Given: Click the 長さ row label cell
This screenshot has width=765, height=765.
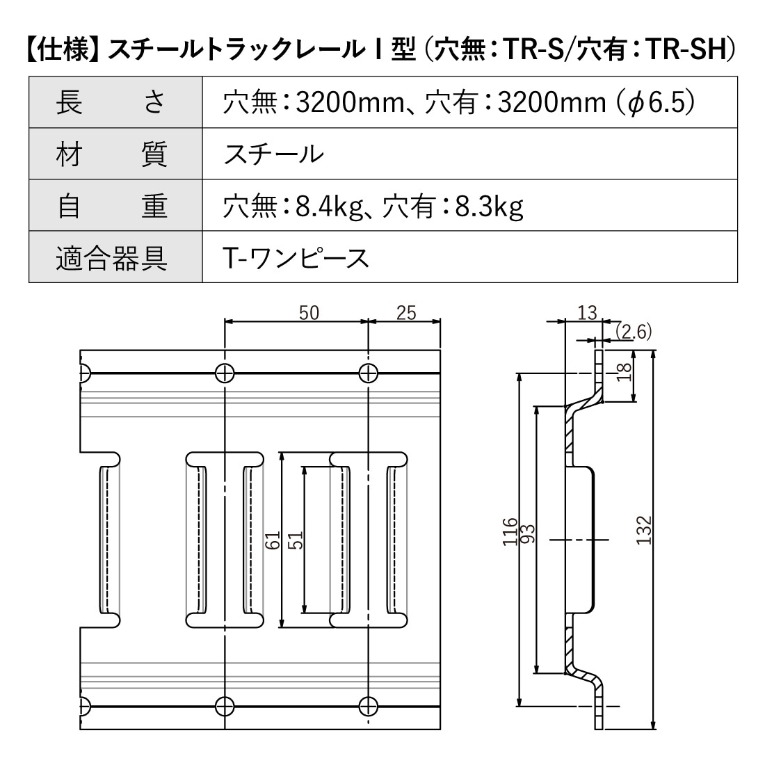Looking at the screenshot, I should pos(115,102).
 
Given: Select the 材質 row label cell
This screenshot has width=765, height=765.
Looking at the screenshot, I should pos(115,154).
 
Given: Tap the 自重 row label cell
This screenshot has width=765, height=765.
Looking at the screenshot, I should pos(115,206).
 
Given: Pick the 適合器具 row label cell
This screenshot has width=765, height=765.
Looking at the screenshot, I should pos(115,257).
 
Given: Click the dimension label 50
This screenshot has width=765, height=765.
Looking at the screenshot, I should pos(309,313).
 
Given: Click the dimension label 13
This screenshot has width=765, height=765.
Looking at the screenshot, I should pos(587,313).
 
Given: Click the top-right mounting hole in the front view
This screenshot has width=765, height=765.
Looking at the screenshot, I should pos(368,373).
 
